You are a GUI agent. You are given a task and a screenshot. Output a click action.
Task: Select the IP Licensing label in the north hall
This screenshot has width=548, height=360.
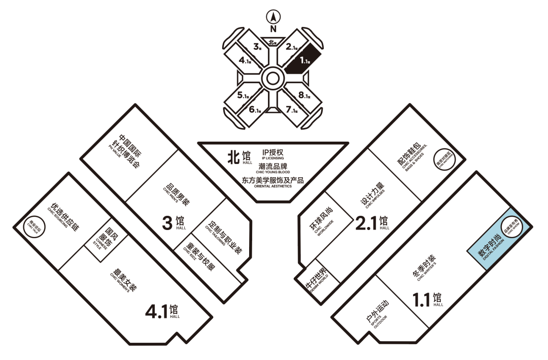click(275, 154)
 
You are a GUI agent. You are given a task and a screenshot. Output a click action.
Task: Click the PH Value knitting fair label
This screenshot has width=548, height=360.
click(125, 151)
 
